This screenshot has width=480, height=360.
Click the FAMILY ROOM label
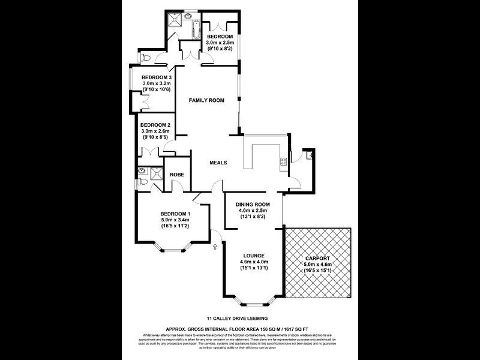click(206, 100)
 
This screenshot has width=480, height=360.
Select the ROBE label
click(176, 175)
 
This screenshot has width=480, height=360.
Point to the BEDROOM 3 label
click(157, 77)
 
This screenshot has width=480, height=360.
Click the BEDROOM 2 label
click(156, 125)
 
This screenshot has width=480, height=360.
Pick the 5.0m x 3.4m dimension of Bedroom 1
click(175, 220)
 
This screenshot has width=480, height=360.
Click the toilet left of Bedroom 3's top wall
click(144, 58)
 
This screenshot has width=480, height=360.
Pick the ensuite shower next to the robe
click(156, 173)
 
